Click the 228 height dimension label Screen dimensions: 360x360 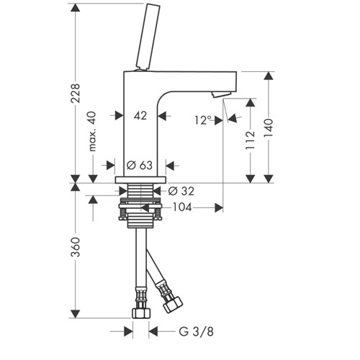(x=76, y=93)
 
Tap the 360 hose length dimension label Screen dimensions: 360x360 (x=76, y=247)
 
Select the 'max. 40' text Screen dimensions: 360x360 (x=92, y=132)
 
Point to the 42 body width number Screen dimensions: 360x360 (x=140, y=116)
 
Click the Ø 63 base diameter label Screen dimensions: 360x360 (x=140, y=165)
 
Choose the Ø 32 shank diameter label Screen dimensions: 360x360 (x=181, y=191)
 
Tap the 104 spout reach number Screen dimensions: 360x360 (x=182, y=207)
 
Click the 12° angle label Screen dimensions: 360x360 (x=203, y=120)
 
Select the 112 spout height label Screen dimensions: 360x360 (x=250, y=140)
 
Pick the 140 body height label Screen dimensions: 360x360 (x=269, y=127)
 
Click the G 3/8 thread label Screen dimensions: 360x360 (x=197, y=332)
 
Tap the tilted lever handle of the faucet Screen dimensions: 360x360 (x=148, y=37)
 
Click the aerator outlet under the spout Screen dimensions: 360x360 (x=222, y=94)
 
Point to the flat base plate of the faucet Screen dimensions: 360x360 (x=140, y=180)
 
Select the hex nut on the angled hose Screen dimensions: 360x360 (x=173, y=305)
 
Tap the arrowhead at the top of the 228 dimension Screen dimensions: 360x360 (x=76, y=8)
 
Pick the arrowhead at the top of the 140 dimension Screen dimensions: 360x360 (x=269, y=76)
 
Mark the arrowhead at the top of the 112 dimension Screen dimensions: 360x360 (x=251, y=103)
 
